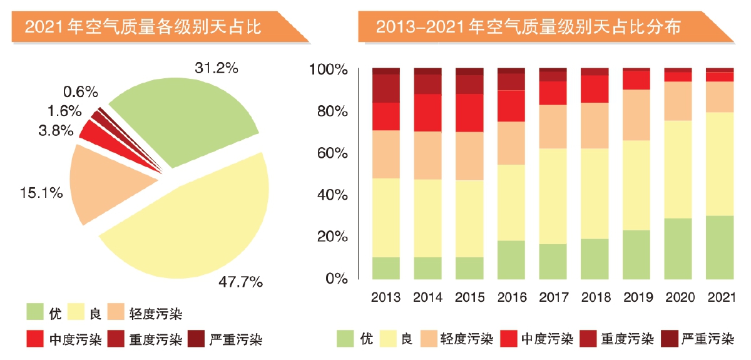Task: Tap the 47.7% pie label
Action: pos(240,282)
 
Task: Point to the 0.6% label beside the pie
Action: pos(81,92)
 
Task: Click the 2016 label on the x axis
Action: pos(511,296)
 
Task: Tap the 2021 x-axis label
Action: pos(719,296)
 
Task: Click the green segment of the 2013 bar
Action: pos(386,268)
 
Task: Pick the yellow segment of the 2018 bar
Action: pos(595,193)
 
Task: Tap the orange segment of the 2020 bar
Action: pos(678,101)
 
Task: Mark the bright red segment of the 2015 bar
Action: pos(469,113)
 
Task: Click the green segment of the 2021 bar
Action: pos(719,247)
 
